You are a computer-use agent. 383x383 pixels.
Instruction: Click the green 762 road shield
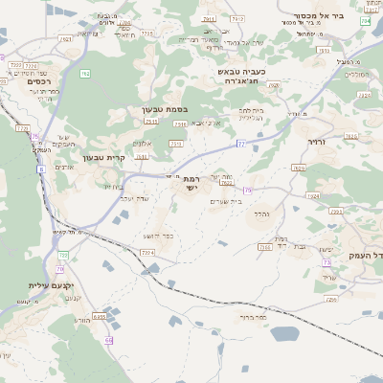[x=84, y=73]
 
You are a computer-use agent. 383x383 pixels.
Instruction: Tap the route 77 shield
[x=241, y=144]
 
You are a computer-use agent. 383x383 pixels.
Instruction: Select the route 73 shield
[x=327, y=261]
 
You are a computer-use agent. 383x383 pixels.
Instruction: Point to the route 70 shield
[x=60, y=270]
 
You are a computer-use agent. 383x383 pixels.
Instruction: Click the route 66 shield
[x=108, y=340]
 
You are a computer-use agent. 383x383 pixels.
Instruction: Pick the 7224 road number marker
[x=147, y=252]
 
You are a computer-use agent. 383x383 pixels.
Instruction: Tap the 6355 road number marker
[x=100, y=315]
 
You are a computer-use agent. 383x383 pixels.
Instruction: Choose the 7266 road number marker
[x=264, y=247]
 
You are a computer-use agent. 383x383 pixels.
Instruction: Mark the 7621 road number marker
[x=65, y=39]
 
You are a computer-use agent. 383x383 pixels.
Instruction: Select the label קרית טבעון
[x=104, y=158]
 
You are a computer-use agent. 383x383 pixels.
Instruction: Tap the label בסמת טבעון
[x=159, y=110]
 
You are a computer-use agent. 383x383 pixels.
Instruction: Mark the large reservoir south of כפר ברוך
[x=284, y=334]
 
